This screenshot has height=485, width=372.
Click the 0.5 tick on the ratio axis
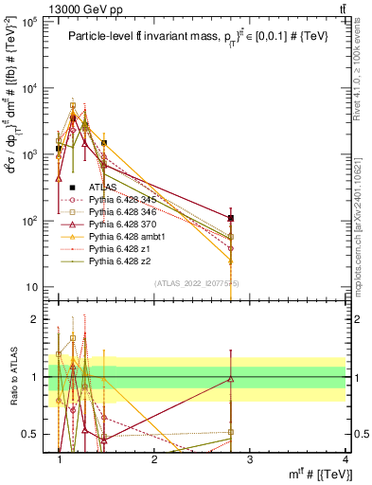pyautogui.click(x=33, y=434)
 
